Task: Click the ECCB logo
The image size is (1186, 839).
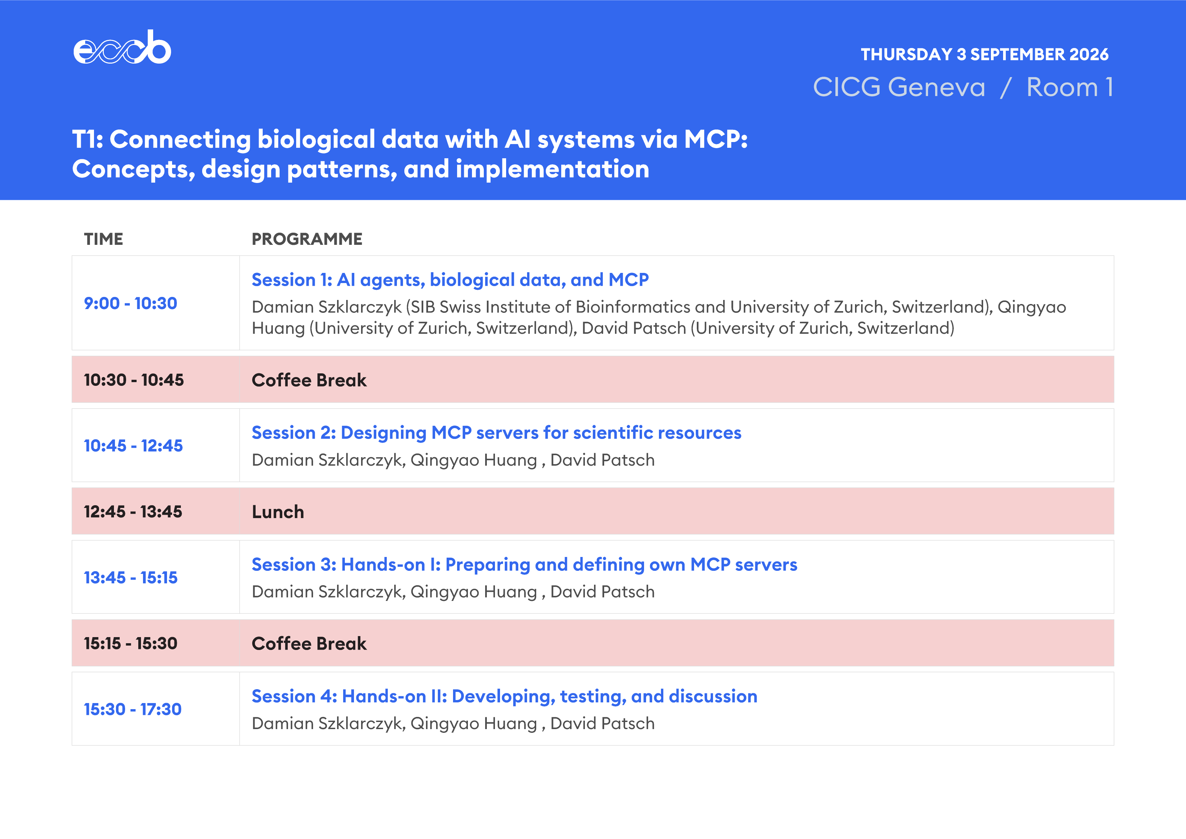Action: [x=122, y=47]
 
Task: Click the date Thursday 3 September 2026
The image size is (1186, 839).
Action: [x=985, y=54]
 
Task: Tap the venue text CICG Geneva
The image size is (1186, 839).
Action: [x=899, y=87]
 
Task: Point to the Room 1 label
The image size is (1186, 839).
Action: [x=1070, y=87]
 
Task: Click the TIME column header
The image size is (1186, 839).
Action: [x=103, y=239]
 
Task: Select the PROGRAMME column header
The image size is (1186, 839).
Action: [x=307, y=239]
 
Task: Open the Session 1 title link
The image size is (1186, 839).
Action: [x=450, y=279]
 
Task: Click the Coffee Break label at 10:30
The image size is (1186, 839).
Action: [x=309, y=380]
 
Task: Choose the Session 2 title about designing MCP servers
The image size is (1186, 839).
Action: [x=496, y=433]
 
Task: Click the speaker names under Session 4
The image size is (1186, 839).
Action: [x=453, y=723]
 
